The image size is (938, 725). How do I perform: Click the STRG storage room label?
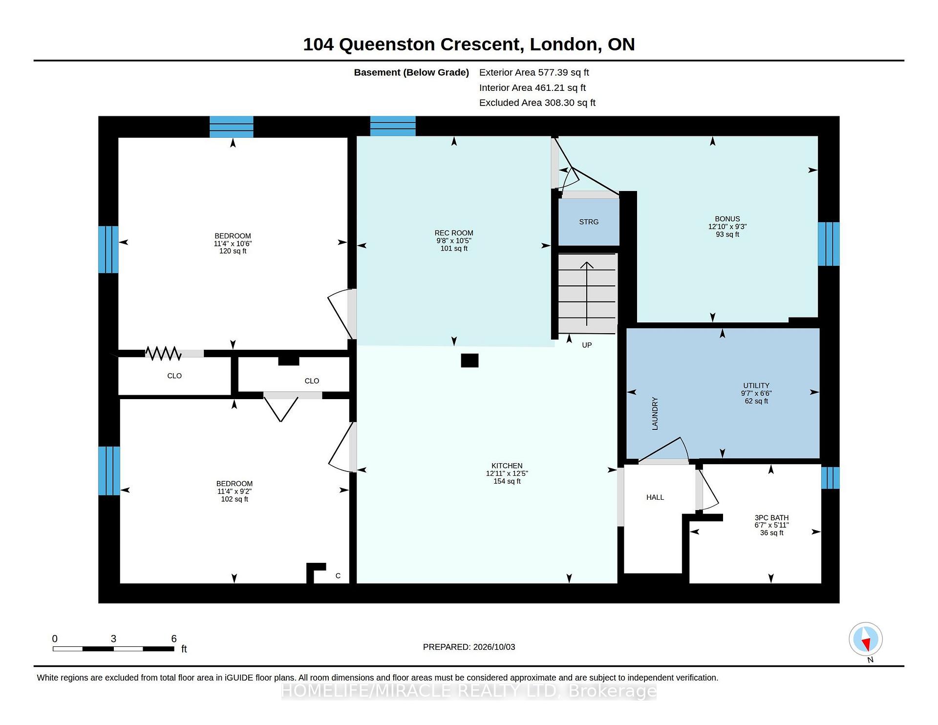[589, 222]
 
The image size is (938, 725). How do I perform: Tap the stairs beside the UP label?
[587, 293]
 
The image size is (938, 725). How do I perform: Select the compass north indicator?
[866, 639]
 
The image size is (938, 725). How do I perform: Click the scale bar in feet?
[113, 649]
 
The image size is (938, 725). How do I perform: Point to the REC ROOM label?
[454, 233]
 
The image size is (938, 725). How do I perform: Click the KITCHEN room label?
[507, 466]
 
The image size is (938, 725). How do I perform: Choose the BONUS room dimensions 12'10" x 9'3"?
[727, 227]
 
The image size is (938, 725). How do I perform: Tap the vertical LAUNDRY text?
[655, 414]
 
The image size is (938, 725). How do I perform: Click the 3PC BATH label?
[771, 518]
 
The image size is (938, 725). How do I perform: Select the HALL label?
[655, 497]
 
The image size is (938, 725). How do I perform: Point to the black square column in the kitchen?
[469, 361]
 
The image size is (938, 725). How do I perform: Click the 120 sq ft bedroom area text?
[233, 251]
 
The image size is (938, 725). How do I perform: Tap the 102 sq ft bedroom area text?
[234, 499]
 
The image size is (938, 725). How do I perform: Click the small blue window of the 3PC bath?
[830, 478]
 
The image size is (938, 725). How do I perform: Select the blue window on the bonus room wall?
[829, 244]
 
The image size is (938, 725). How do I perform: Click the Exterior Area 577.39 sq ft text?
[534, 72]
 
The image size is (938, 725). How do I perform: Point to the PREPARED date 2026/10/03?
[469, 647]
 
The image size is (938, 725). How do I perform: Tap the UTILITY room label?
[756, 385]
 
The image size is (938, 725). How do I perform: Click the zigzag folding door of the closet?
[163, 353]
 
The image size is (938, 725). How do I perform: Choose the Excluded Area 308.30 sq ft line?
[537, 103]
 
